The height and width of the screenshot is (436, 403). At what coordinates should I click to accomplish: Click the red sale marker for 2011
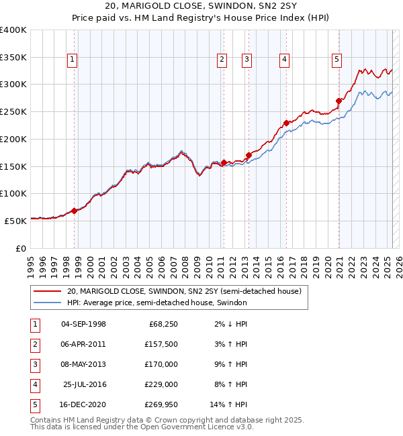[x=224, y=162]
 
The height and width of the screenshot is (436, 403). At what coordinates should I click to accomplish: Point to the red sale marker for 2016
[x=286, y=123]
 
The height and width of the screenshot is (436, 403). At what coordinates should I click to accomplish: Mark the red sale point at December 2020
[x=339, y=101]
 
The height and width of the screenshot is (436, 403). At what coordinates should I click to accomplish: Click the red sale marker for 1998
[x=75, y=211]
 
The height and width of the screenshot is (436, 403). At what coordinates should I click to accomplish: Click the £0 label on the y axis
[x=20, y=248]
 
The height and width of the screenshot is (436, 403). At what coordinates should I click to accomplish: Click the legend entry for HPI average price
[x=157, y=303]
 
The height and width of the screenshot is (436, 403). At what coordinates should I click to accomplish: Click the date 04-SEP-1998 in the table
[x=83, y=324]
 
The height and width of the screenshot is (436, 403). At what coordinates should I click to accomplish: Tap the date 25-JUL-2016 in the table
[x=85, y=384]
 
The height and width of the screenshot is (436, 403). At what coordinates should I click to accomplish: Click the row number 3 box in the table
[x=34, y=364]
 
